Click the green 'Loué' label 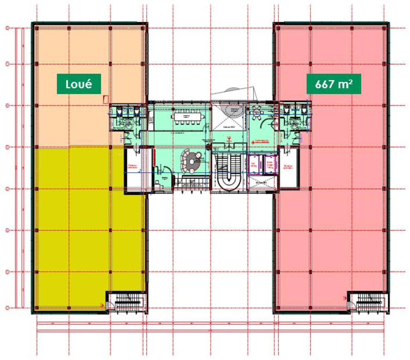click(x=79, y=84)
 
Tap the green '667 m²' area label click(x=334, y=84)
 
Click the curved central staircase click(x=229, y=173)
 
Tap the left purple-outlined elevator click(x=255, y=164)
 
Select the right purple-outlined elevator click(x=270, y=164)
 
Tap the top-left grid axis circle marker click(x=7, y=28)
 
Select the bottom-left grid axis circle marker click(x=7, y=308)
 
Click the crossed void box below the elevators click(x=262, y=183)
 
